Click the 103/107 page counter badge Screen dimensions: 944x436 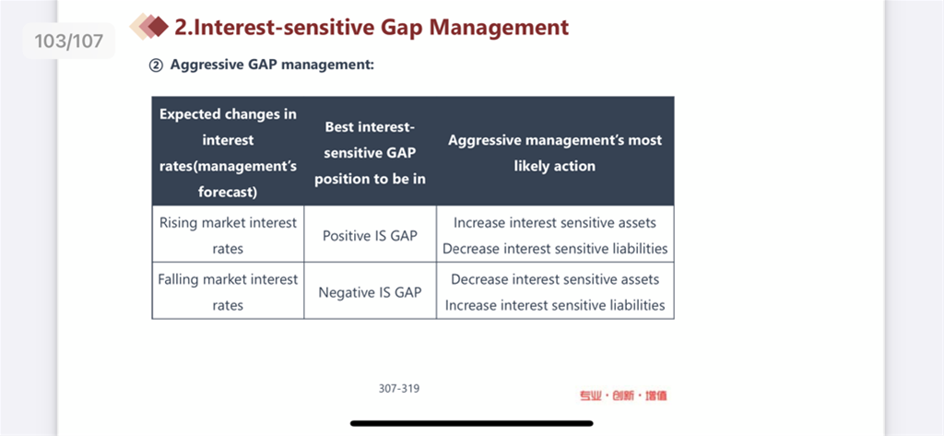click(x=68, y=41)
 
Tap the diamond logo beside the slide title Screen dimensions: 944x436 click(x=149, y=27)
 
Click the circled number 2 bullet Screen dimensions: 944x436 click(x=156, y=65)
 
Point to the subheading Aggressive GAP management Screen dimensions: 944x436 click(x=272, y=65)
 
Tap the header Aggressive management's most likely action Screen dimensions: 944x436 click(x=554, y=153)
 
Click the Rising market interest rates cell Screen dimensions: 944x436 click(x=229, y=235)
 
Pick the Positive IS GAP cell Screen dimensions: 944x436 click(x=370, y=235)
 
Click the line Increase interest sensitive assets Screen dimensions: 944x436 click(x=554, y=223)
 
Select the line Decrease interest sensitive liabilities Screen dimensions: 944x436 click(x=554, y=249)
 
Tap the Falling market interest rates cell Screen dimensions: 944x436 click(x=229, y=292)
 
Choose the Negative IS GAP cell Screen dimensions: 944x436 click(x=370, y=292)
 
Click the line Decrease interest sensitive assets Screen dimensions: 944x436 click(x=554, y=279)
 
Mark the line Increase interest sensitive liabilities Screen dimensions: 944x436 click(x=554, y=305)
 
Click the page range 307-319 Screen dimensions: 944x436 click(x=398, y=388)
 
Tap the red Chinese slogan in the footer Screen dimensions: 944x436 click(x=623, y=395)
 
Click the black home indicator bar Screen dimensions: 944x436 click(x=471, y=423)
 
